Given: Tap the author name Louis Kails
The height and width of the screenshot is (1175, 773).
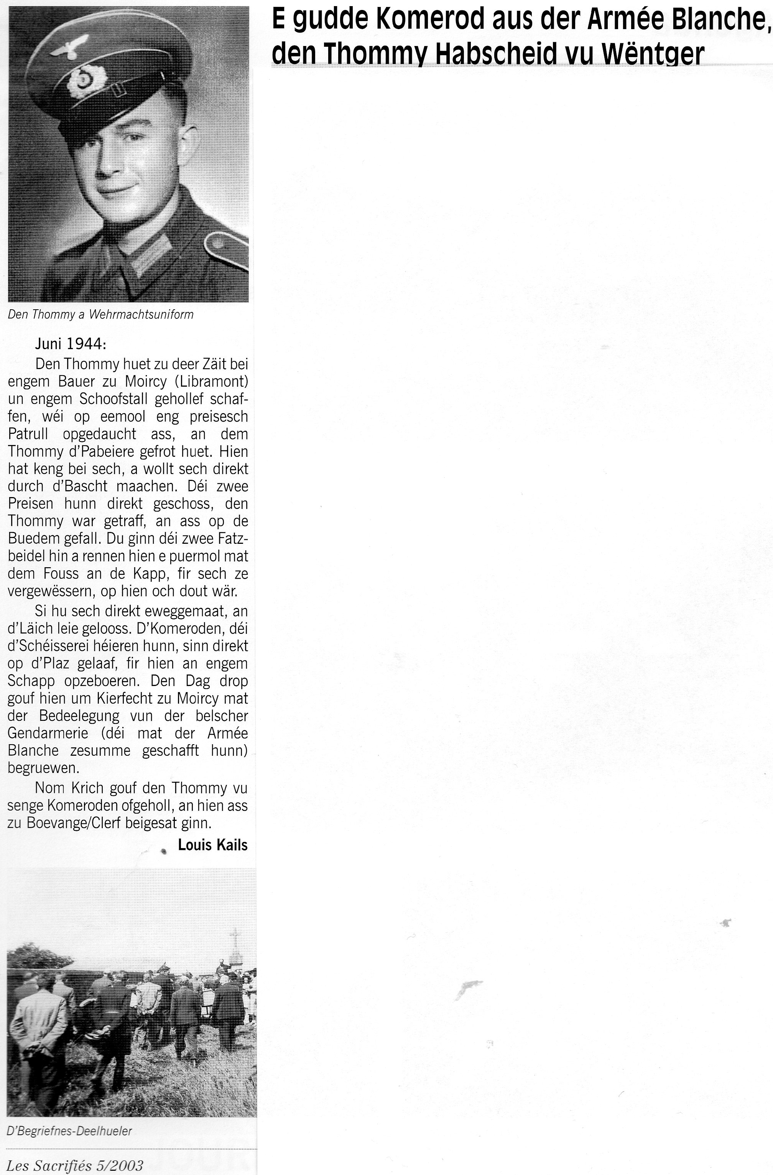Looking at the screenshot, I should tap(212, 845).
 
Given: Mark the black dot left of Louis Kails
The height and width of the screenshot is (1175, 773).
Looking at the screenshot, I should tap(163, 851).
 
